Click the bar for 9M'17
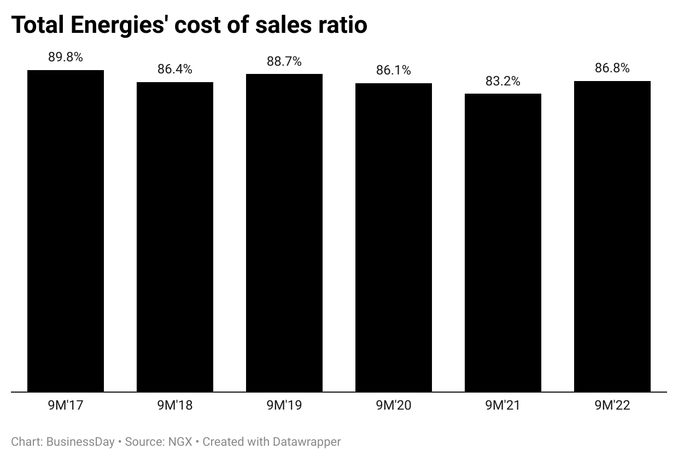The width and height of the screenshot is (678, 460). [66, 230]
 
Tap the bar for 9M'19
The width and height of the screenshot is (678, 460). [284, 233]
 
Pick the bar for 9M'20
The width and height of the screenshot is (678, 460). [394, 237]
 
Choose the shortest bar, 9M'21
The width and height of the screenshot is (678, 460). [503, 243]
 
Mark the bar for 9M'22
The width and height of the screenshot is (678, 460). [612, 236]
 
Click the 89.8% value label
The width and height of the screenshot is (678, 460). [66, 58]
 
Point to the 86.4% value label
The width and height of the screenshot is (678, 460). [175, 70]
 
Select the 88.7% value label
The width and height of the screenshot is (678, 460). [284, 61]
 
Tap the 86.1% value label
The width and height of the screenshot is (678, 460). [394, 71]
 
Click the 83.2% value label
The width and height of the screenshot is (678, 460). [503, 82]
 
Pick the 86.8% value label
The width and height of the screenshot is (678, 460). [612, 68]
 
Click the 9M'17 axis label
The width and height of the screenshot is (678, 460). [66, 406]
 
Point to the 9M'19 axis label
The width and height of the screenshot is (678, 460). [284, 406]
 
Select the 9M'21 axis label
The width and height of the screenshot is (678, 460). [503, 406]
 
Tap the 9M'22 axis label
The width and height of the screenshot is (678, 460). [612, 406]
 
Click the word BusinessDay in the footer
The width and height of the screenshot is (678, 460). [80, 441]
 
